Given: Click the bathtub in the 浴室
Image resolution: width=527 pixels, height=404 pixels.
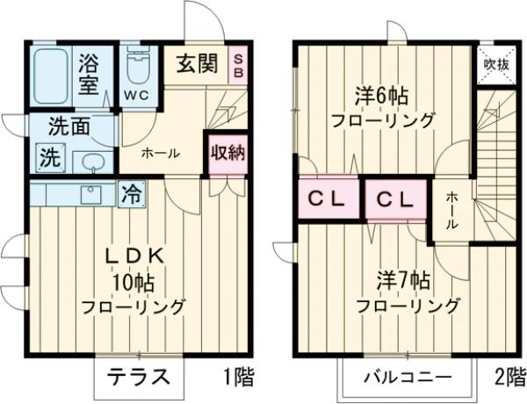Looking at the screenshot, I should [54, 77].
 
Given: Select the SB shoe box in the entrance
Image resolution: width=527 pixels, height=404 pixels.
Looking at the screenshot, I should [238, 65].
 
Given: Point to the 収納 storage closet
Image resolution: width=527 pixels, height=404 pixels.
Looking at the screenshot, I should [227, 153].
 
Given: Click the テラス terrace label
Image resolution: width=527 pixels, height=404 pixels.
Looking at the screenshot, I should [139, 378].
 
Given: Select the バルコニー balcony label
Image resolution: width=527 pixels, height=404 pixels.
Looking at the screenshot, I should [408, 379].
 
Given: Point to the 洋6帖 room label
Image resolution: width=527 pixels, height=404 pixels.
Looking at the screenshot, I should [384, 92].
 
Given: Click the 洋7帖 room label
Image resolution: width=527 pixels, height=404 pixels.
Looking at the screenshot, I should [407, 281].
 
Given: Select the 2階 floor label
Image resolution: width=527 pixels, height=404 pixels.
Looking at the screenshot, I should [509, 378].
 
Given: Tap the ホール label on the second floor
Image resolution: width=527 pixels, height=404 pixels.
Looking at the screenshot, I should [451, 210].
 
